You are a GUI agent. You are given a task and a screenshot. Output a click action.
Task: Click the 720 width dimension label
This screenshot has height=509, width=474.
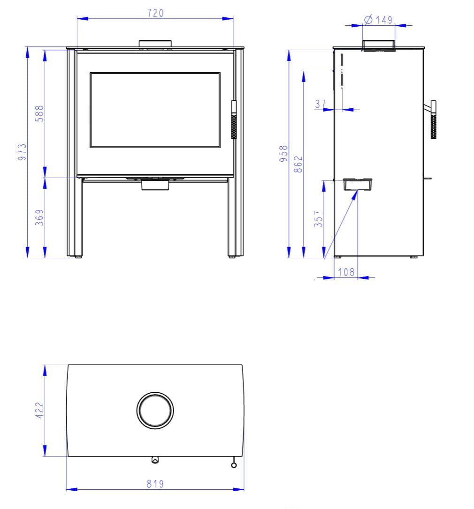click(155, 13)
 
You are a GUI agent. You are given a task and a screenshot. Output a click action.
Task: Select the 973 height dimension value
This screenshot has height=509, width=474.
click(22, 152)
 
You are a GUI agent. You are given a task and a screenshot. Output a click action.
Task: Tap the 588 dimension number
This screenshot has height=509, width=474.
click(40, 113)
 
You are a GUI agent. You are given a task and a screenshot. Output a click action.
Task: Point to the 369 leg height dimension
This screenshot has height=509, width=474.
click(40, 217)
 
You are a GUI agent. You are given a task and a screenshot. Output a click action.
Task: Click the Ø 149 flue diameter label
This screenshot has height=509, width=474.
click(378, 20)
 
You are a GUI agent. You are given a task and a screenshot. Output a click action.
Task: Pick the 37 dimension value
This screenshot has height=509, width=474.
click(320, 104)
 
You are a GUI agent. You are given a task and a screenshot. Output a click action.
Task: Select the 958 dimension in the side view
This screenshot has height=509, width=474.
click(283, 153)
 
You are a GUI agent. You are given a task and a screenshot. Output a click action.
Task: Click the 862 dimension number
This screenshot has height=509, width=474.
click(298, 165)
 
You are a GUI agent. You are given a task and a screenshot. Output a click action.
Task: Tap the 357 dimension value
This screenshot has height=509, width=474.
click(319, 219)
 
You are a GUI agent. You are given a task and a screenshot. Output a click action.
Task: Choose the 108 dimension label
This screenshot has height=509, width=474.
click(346, 272)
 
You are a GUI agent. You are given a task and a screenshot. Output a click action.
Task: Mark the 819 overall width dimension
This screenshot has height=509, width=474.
click(155, 484)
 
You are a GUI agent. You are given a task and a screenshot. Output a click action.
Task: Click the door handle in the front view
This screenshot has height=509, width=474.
click(233, 120)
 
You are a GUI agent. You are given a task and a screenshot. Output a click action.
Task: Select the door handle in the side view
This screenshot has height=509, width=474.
click(433, 120)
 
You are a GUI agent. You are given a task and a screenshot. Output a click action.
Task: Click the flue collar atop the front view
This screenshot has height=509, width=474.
click(155, 44)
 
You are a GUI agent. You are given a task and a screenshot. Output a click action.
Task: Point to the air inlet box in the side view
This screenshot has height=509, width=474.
click(358, 184)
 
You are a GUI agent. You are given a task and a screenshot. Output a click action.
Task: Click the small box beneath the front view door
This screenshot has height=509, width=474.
click(155, 185)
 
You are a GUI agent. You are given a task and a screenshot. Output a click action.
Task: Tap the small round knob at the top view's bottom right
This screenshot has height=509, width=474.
click(234, 464)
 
